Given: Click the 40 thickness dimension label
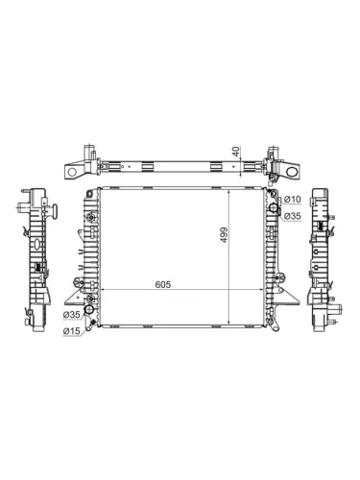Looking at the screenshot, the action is (x=236, y=152).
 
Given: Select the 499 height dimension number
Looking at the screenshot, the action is (x=224, y=234).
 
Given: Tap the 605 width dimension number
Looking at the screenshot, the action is (x=163, y=284).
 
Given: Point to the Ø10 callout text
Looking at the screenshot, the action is (x=293, y=200).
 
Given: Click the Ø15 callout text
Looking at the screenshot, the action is (x=72, y=331).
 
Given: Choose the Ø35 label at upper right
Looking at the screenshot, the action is (x=293, y=216).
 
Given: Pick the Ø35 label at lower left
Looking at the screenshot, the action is (x=72, y=315).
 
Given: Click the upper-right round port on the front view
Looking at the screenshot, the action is (x=273, y=207).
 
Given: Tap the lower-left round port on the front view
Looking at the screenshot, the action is (x=88, y=309).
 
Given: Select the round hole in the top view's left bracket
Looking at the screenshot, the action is (x=72, y=172).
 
